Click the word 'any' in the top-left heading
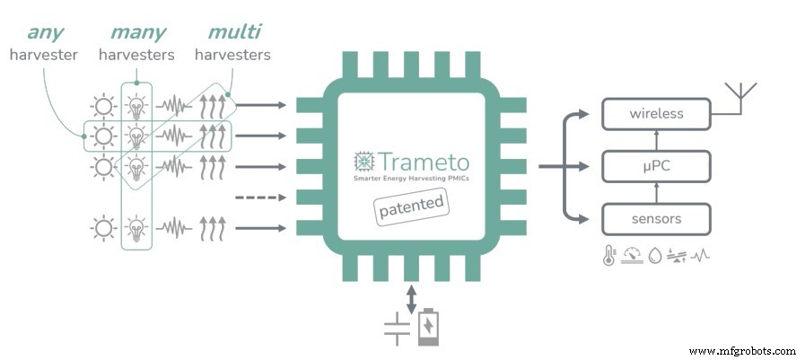click(44, 32)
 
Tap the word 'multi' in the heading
click(234, 32)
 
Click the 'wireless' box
click(656, 114)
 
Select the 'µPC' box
click(656, 166)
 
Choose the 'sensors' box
click(656, 218)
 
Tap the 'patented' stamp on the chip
click(410, 206)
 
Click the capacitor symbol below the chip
click(396, 329)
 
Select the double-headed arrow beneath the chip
click(412, 299)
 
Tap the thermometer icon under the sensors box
click(608, 255)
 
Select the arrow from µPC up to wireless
click(656, 139)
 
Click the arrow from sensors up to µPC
click(656, 192)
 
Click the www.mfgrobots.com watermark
click(743, 350)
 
